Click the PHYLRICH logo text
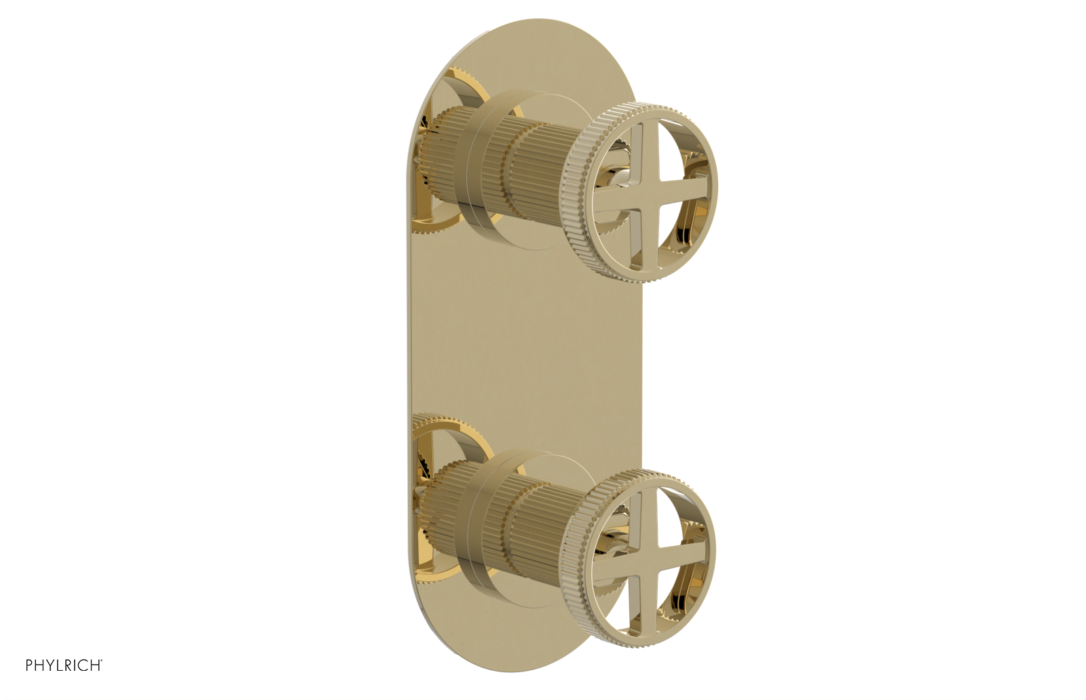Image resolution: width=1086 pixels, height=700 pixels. click(x=64, y=665)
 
